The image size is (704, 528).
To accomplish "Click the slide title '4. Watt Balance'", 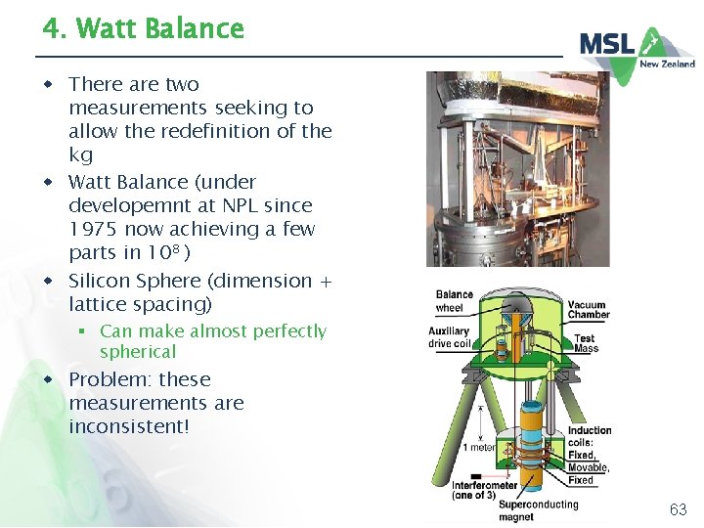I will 143,28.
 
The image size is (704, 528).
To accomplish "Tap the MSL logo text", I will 608,44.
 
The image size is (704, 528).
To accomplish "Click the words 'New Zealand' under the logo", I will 667,65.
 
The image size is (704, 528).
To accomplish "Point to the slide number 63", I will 678,509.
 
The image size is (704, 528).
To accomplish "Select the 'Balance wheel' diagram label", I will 454,301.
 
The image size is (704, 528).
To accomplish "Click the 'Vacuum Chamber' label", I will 588,309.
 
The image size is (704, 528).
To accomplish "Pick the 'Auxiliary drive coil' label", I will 449,337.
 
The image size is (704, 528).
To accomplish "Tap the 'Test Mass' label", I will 586,342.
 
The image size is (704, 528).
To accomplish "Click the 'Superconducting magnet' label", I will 538,511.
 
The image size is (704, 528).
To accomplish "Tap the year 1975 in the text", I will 97,229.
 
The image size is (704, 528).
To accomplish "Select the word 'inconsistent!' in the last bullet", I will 128,426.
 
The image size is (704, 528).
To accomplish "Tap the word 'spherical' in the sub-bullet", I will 138,352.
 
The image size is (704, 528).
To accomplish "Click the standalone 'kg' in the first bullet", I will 80,154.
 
